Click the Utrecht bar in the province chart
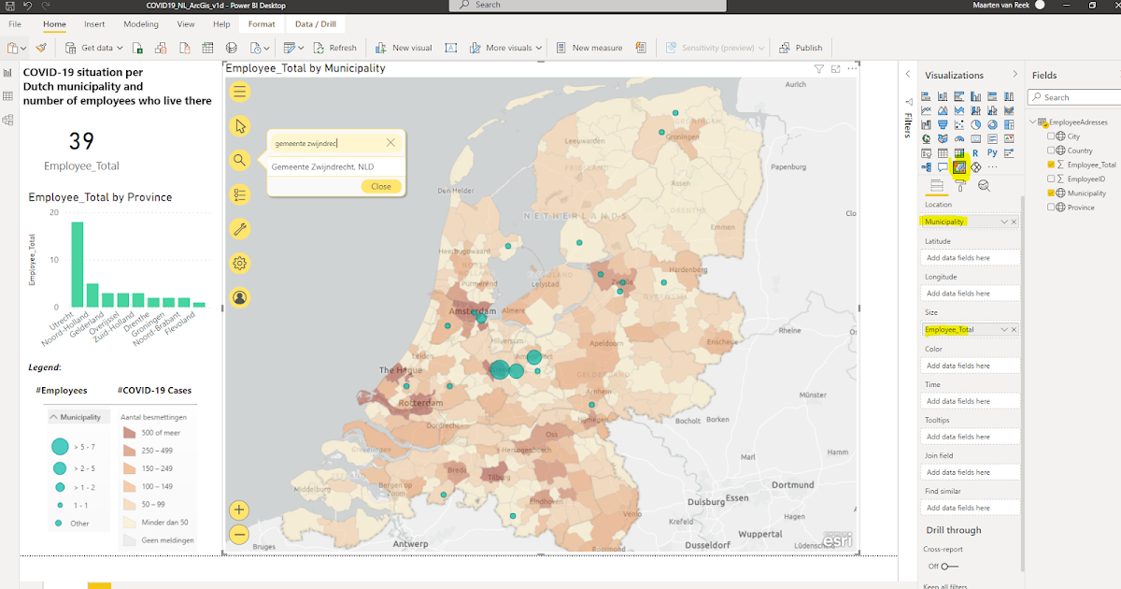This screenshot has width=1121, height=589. coord(78,264)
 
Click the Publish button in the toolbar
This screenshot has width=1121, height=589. coord(802,48)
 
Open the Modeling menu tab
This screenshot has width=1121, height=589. coord(140,23)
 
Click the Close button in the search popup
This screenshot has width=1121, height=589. coord(381,186)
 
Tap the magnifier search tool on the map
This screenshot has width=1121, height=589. coord(240,160)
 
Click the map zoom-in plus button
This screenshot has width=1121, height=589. coord(240,510)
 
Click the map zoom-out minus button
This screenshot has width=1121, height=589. coord(240,535)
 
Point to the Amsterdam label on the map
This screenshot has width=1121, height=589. coord(471,310)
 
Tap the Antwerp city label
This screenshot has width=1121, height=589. coord(410,543)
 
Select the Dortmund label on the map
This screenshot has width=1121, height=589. coord(792,484)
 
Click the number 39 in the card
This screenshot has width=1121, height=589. coord(81,141)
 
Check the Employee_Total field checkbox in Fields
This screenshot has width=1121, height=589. coord(1051,165)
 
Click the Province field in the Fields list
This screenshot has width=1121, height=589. coord(1081,208)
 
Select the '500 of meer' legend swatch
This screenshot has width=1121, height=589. coord(129,433)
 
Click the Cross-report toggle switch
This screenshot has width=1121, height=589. coord(949,566)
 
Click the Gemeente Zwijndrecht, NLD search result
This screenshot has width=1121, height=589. coord(322,166)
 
